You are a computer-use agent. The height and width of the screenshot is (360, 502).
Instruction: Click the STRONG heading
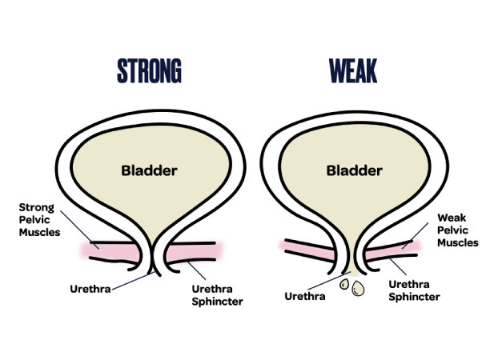(149, 71)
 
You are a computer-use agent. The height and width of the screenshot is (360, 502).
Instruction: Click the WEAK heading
(353, 71)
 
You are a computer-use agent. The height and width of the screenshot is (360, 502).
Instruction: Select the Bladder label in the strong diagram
(149, 170)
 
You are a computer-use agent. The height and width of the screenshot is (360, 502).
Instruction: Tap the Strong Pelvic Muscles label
(38, 220)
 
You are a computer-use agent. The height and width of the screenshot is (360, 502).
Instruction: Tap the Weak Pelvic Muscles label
(457, 230)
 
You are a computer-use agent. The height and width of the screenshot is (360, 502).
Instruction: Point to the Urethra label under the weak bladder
(305, 296)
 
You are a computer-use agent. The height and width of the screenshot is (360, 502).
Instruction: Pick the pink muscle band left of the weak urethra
(308, 250)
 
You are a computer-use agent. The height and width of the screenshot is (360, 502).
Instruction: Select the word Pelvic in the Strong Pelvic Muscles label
(34, 220)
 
